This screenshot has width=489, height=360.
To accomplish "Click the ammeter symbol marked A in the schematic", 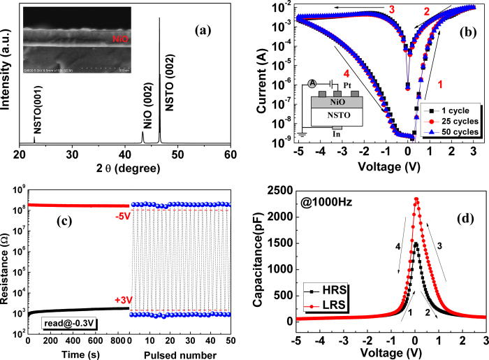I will coord(309,83).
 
